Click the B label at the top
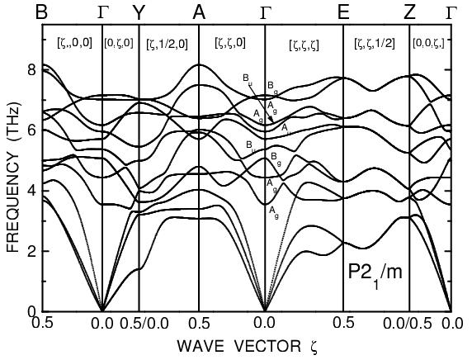pyautogui.click(x=42, y=12)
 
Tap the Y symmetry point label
pyautogui.click(x=139, y=12)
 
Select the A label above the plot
pyautogui.click(x=199, y=12)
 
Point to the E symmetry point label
pyautogui.click(x=343, y=12)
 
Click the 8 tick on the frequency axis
pyautogui.click(x=32, y=69)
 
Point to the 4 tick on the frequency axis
pyautogui.click(x=32, y=191)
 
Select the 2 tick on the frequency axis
pyautogui.click(x=32, y=251)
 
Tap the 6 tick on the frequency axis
pyautogui.click(x=32, y=130)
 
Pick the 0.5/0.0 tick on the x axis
pyautogui.click(x=139, y=323)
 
